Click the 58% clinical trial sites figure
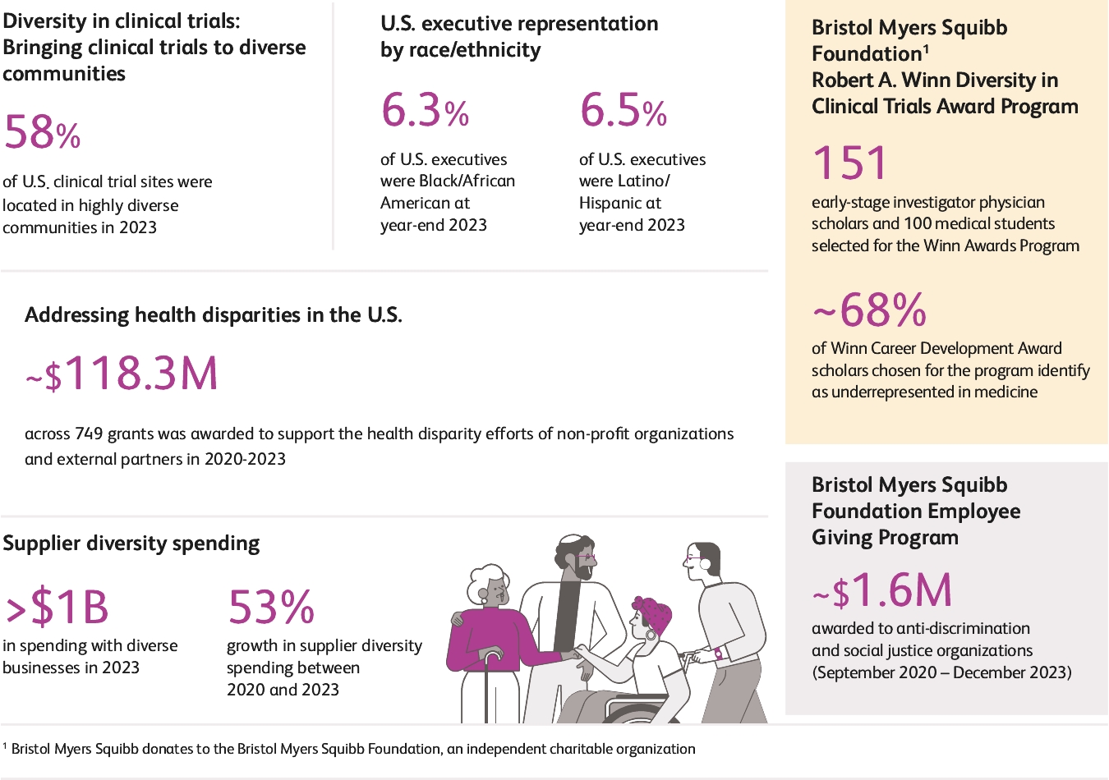coord(42,132)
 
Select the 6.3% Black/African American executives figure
coord(425,111)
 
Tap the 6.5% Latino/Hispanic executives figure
coord(623,111)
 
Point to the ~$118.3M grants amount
coord(122,374)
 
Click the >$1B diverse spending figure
coord(57,608)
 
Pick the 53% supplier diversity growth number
coord(270,608)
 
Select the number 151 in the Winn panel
coord(850,163)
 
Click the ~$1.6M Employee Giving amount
coord(882,590)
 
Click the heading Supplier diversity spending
coord(131,544)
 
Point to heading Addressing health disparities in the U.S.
coord(214,315)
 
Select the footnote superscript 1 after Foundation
coord(926,48)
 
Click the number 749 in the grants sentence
coord(90,434)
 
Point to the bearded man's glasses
coord(587,556)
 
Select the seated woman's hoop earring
coord(651,634)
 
